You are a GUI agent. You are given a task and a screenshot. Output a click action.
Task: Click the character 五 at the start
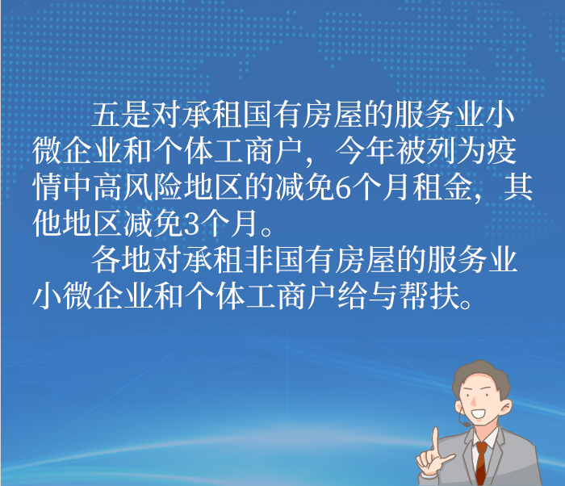coord(105,115)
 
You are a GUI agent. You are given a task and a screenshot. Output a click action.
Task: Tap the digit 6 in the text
coord(343,188)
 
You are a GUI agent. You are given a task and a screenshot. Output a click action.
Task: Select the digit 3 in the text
coord(191,224)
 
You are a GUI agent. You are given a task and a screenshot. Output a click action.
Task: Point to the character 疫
coord(502,151)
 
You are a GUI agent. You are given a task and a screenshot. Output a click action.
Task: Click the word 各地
coord(121,260)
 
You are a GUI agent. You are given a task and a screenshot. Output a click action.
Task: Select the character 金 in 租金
coord(457,187)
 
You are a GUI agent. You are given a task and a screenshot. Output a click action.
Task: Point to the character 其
coord(518,187)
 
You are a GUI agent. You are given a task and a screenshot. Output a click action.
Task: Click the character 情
coord(47,187)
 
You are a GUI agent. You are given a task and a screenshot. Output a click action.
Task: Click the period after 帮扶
coord(467,304)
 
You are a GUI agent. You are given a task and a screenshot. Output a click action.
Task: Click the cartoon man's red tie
coord(481,463)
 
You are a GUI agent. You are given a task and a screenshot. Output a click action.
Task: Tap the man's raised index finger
coord(435,439)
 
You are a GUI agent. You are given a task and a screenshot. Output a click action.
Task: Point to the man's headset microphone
coord(466,424)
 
